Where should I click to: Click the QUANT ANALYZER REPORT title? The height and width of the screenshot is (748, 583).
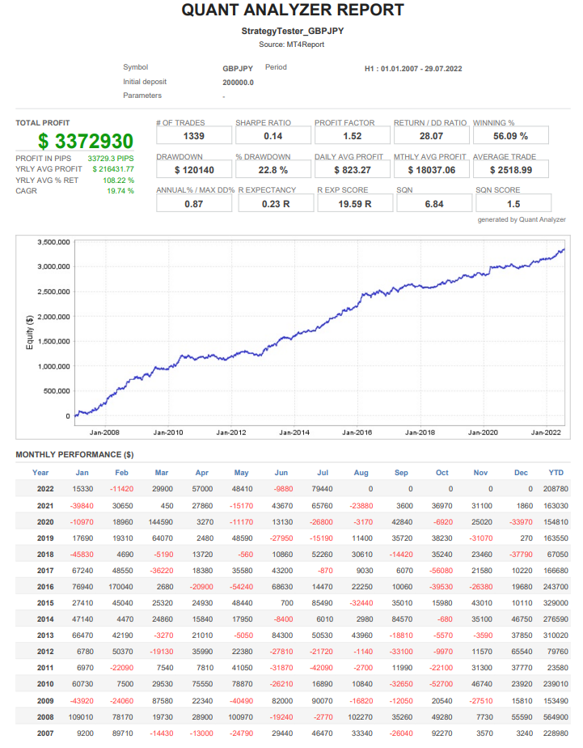tap(292, 11)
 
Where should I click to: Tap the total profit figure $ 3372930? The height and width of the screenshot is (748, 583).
tap(86, 141)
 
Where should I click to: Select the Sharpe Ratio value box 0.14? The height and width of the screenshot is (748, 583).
tap(272, 136)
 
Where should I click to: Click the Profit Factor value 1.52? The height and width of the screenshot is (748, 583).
tap(352, 136)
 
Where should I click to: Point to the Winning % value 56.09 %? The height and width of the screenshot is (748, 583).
tap(510, 136)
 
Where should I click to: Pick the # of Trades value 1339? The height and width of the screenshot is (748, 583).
tap(193, 136)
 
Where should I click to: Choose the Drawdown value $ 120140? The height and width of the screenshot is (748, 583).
tap(193, 170)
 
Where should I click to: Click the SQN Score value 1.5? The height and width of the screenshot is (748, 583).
tap(513, 204)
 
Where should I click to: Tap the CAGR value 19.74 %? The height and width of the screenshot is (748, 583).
tap(120, 191)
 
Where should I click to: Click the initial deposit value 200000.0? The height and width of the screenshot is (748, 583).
tap(238, 82)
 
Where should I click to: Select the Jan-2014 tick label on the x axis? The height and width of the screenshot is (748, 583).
tap(294, 433)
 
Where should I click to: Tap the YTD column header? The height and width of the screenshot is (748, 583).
tap(556, 473)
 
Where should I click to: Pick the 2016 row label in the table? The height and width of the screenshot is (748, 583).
tap(45, 587)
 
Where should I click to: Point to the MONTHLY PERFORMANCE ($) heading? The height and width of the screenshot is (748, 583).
tap(74, 455)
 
